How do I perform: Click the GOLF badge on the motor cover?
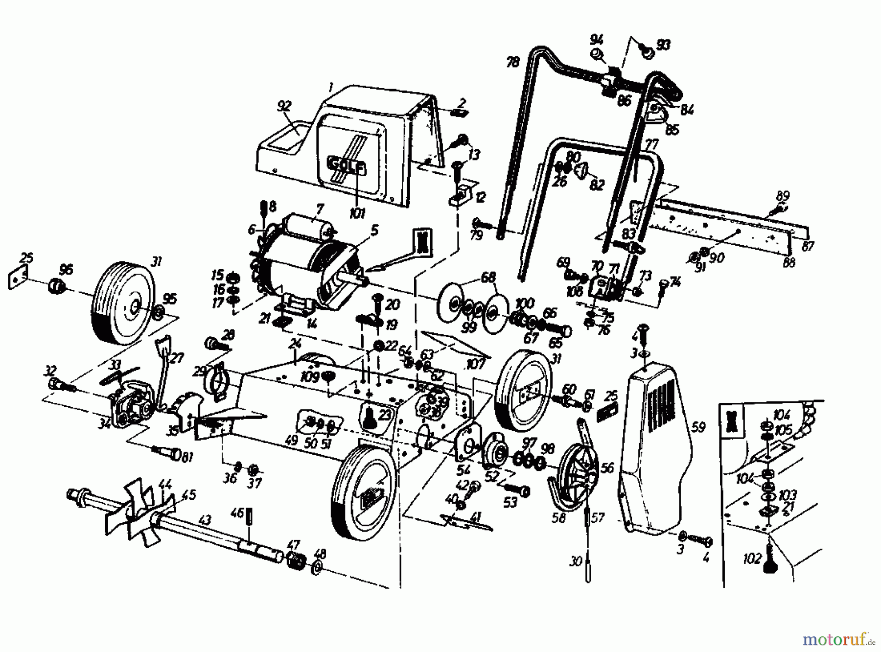pos(346,165)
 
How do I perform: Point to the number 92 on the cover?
pos(284,106)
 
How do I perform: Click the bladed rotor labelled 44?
pos(142,509)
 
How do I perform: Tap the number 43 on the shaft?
pos(206,520)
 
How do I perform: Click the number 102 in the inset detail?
pos(752,558)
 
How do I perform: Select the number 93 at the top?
pos(663,45)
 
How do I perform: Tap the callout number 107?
pos(475,364)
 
